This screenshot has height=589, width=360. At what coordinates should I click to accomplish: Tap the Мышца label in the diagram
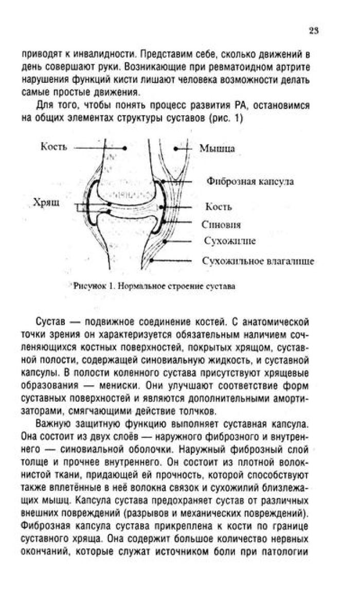pyautogui.click(x=217, y=149)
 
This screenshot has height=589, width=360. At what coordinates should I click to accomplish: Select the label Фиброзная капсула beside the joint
pyautogui.click(x=250, y=182)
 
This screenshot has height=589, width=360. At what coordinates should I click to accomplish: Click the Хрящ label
pyautogui.click(x=46, y=203)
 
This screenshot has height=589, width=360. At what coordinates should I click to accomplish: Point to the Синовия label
pyautogui.click(x=221, y=225)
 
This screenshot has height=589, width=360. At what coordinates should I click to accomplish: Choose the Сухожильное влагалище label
pyautogui.click(x=258, y=261)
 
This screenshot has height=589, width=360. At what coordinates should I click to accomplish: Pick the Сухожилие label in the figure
pyautogui.click(x=230, y=241)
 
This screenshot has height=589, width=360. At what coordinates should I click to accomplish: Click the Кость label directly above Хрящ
pyautogui.click(x=53, y=147)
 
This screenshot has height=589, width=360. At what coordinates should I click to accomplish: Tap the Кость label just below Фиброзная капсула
pyautogui.click(x=219, y=207)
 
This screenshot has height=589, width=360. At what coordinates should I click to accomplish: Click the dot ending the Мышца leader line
pyautogui.click(x=176, y=149)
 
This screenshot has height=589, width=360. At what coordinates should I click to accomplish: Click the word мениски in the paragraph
pyautogui.click(x=119, y=386)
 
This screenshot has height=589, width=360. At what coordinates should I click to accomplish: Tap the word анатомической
pyautogui.click(x=276, y=323)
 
